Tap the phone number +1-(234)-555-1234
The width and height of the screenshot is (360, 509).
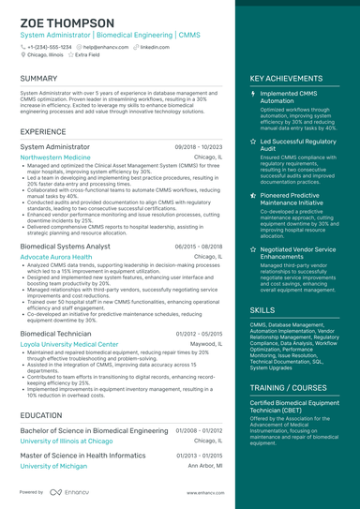pyautogui.click(x=49, y=46)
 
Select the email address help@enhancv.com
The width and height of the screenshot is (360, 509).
pyautogui.click(x=107, y=46)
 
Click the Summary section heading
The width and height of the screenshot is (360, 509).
pyautogui.click(x=38, y=79)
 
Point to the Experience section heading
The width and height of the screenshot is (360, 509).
pyautogui.click(x=43, y=131)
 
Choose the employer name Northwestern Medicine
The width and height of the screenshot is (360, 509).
pyautogui.click(x=55, y=158)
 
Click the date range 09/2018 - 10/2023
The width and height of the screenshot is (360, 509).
pyautogui.click(x=199, y=147)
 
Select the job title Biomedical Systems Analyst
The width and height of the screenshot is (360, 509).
pyautogui.click(x=65, y=246)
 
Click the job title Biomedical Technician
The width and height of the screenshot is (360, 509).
pyautogui.click(x=55, y=333)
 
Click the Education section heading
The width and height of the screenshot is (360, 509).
pyautogui.click(x=41, y=414)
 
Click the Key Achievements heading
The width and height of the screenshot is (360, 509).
pyautogui.click(x=288, y=79)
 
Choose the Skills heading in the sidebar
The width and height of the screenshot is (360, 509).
pyautogui.click(x=262, y=309)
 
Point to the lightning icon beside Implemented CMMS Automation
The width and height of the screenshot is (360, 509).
pyautogui.click(x=253, y=95)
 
